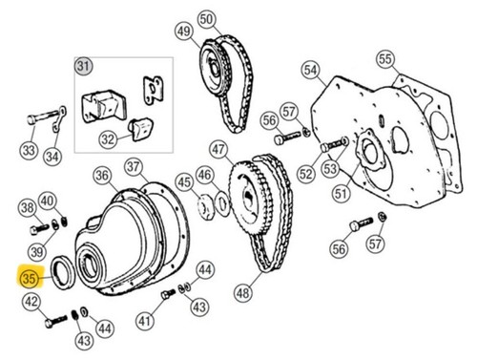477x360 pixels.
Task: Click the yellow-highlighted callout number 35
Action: tap(29, 279)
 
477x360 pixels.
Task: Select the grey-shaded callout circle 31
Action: tap(83, 66)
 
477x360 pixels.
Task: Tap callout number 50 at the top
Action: tap(206, 19)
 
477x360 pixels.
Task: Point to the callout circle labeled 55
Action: tap(385, 59)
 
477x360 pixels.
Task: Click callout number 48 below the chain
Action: tap(243, 292)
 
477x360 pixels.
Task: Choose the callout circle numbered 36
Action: tap(102, 175)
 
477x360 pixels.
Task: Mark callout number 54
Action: tap(310, 70)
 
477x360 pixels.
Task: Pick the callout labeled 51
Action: tap(342, 193)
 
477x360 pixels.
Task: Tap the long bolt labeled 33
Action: tap(43, 117)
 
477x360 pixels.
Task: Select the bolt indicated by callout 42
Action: tap(56, 322)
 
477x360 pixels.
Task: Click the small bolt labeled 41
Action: tap(168, 294)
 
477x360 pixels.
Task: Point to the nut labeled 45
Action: tap(206, 207)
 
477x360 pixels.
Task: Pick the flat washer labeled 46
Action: tap(222, 204)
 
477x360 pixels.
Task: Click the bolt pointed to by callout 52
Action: tap(331, 146)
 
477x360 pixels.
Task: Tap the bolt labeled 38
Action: tap(39, 228)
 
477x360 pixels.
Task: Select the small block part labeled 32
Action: tap(140, 129)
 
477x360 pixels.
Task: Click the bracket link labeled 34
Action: tap(59, 118)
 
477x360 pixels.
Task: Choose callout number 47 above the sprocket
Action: tap(218, 149)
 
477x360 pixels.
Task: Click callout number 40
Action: tap(48, 201)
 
